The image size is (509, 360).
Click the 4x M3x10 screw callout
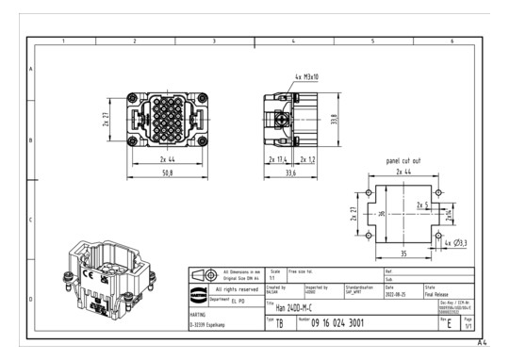click(306, 75)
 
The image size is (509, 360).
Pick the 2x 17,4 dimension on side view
click(278, 160)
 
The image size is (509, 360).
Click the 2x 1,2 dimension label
click(309, 160)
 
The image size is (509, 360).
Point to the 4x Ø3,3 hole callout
click(454, 244)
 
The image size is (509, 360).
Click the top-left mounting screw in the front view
click(130, 98)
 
